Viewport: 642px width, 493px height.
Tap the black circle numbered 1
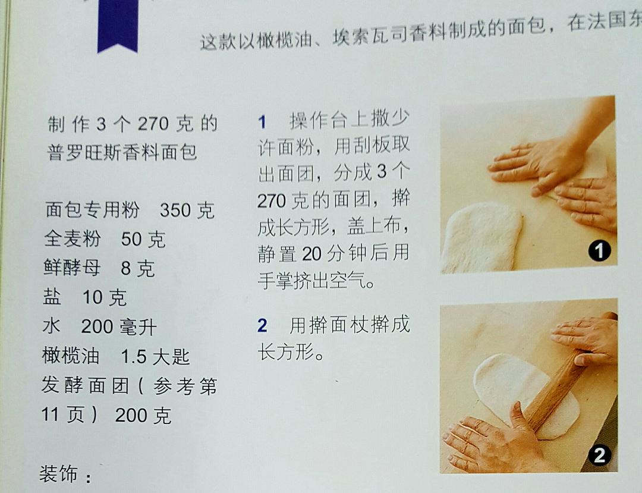(x=599, y=251)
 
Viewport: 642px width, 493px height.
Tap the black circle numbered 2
(x=599, y=455)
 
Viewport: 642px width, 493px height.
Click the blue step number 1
(x=262, y=123)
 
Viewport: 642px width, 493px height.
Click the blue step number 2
(x=262, y=326)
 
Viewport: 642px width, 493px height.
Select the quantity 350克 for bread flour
(x=187, y=210)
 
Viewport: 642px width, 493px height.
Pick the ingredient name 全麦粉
(x=72, y=239)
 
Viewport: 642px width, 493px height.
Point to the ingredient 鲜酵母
(x=72, y=268)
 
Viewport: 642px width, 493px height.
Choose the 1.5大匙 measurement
(x=155, y=356)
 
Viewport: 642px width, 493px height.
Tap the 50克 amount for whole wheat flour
(x=143, y=239)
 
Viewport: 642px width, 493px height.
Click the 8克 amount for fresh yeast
(x=138, y=268)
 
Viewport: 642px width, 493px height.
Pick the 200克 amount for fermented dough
(x=143, y=415)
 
